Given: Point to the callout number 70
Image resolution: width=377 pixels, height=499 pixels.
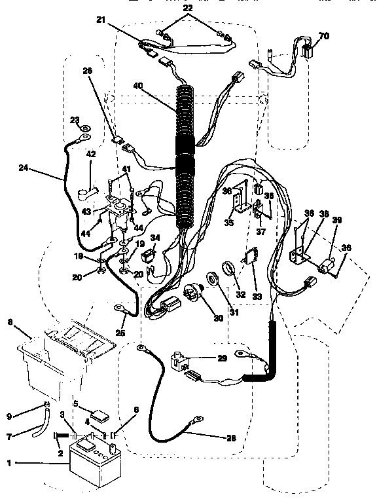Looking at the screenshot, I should [x=323, y=35].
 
